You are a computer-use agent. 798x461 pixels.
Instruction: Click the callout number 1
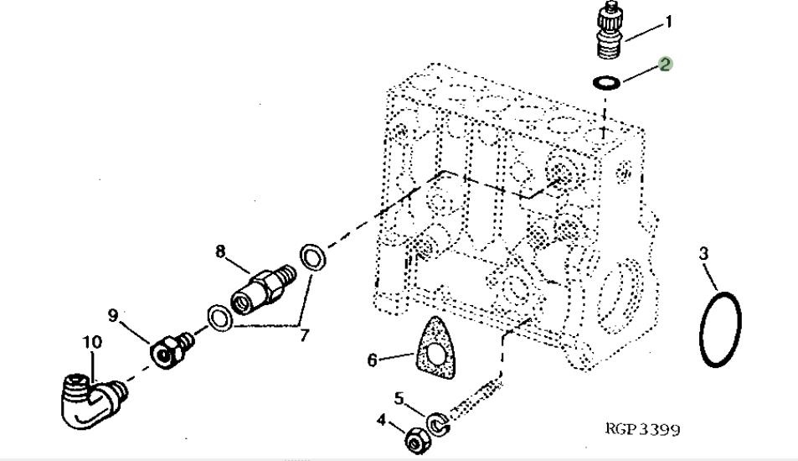pyautogui.click(x=668, y=23)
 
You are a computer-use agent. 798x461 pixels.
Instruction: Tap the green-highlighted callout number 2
pyautogui.click(x=665, y=64)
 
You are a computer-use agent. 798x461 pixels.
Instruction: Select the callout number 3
pyautogui.click(x=704, y=252)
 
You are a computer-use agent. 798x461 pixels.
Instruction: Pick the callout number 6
pyautogui.click(x=372, y=360)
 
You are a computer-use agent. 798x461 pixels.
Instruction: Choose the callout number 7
pyautogui.click(x=304, y=335)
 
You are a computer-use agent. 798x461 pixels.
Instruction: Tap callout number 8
pyautogui.click(x=221, y=250)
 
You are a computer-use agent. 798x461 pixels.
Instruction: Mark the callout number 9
pyautogui.click(x=113, y=315)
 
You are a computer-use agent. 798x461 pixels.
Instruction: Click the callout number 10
pyautogui.click(x=92, y=342)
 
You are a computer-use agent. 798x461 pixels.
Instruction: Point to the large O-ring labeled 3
pyautogui.click(x=720, y=329)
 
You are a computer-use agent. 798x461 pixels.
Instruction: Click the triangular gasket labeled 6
pyautogui.click(x=434, y=351)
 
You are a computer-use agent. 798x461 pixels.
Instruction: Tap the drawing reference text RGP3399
pyautogui.click(x=642, y=429)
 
